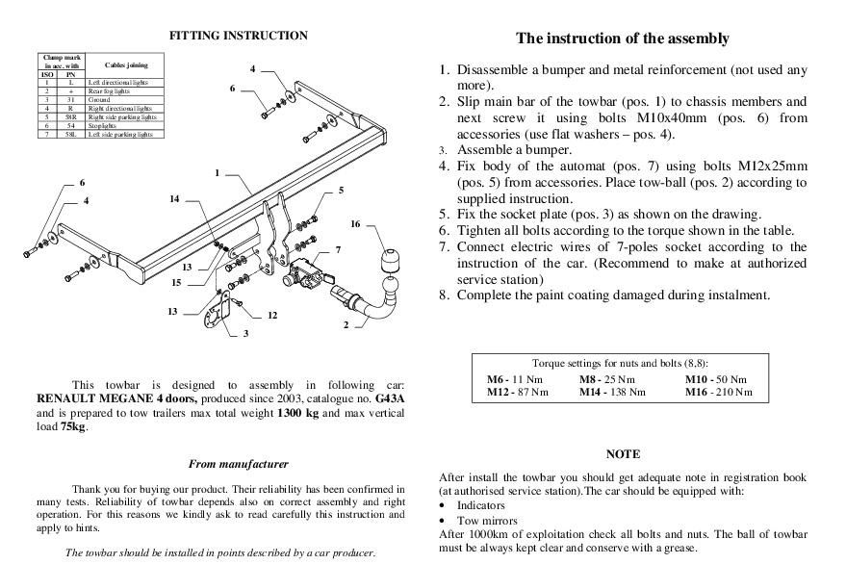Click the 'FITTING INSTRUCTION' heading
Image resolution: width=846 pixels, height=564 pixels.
pos(239,36)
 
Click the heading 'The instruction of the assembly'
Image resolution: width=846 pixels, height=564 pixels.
pos(623,38)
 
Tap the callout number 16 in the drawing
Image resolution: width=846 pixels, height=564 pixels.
pos(355,224)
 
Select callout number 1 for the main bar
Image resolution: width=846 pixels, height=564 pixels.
pos(218,173)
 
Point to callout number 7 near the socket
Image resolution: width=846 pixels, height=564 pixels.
pos(337,249)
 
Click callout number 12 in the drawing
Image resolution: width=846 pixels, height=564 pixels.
pos(272,316)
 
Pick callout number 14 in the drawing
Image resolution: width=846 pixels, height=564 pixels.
pos(174,199)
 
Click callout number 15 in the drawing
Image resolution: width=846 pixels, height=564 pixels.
pos(176,283)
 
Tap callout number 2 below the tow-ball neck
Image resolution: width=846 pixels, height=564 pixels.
pos(346,325)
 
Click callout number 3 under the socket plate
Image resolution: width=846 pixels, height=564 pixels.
pos(245,334)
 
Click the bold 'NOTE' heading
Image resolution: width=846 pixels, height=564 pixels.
pos(623,453)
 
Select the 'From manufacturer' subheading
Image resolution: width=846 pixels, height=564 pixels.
pos(239,464)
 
